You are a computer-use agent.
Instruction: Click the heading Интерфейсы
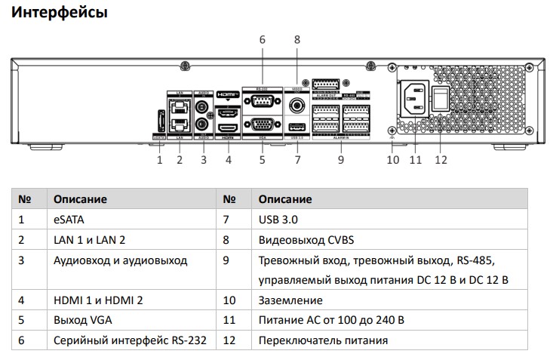pos(60,13)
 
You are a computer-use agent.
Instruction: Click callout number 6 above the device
pos(262,39)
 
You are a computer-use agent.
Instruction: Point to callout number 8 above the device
pos(297,39)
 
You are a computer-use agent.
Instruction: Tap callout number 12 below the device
pos(441,159)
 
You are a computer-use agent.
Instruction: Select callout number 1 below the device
pos(160,159)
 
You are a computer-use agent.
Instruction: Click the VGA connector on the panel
pos(262,125)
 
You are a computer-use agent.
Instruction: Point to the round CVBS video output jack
pos(297,105)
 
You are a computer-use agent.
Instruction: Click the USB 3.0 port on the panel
pos(297,126)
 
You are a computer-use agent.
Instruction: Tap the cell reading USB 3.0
pos(278,220)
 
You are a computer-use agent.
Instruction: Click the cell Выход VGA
pos(82,320)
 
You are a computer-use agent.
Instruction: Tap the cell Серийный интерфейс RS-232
pos(130,340)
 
